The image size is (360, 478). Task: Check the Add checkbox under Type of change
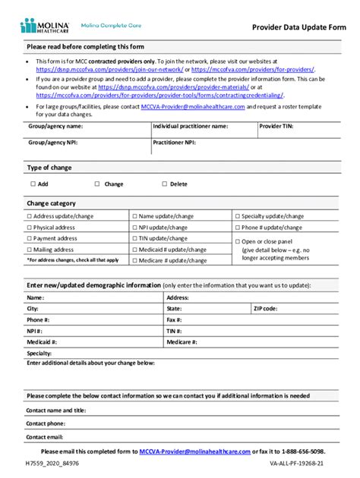pos(33,184)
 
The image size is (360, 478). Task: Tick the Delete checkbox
pos(164,184)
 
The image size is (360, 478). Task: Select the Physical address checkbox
pos(30,228)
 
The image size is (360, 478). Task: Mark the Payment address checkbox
pos(30,238)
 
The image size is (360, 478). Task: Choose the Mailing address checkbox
pos(30,249)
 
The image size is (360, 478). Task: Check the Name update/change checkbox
pos(134,216)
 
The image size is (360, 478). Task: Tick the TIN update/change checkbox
pos(134,238)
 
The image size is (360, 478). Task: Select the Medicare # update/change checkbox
pos(134,259)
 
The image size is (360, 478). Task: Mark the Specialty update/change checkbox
pos(238,216)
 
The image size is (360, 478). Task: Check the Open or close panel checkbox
pos(238,241)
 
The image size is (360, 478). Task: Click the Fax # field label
pos(175,320)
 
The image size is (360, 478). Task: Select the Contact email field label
pos(45,437)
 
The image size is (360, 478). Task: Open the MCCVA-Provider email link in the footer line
pos(194,451)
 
